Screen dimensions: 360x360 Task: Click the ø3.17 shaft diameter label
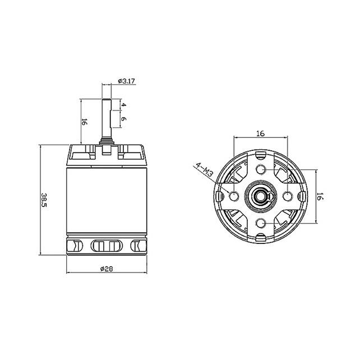pyautogui.click(x=126, y=81)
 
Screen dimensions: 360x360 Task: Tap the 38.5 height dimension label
pyautogui.click(x=44, y=200)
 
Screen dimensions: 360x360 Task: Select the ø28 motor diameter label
pyautogui.click(x=107, y=269)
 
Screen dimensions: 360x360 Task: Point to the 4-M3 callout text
pyautogui.click(x=203, y=170)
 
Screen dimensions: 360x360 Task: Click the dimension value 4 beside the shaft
pyautogui.click(x=124, y=105)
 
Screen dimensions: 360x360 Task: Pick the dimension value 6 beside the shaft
pyautogui.click(x=124, y=119)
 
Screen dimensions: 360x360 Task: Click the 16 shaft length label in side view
pyautogui.click(x=84, y=122)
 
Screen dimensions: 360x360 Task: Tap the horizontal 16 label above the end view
pyautogui.click(x=260, y=133)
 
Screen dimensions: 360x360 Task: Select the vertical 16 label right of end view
pyautogui.click(x=320, y=196)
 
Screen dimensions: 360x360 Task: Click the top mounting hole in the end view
pyautogui.click(x=260, y=170)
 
